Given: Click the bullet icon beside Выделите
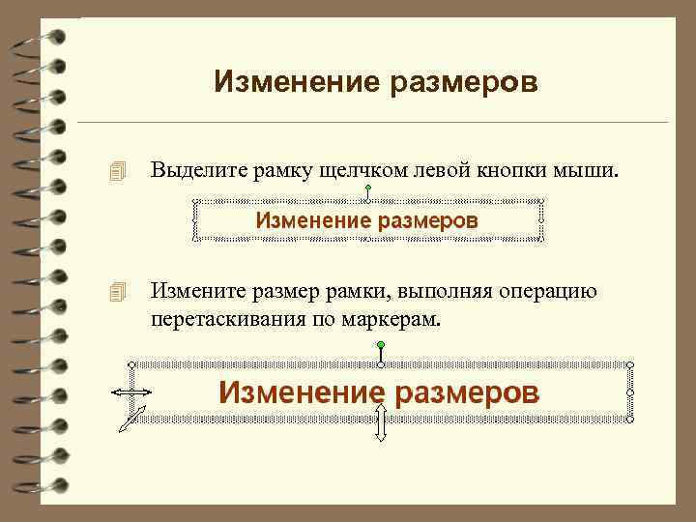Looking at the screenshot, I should [118, 172].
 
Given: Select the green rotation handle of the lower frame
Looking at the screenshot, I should [382, 345].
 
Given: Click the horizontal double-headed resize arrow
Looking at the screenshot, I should [130, 392].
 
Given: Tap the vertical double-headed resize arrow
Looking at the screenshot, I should [381, 422].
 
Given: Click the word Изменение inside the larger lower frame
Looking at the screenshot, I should [295, 392].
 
